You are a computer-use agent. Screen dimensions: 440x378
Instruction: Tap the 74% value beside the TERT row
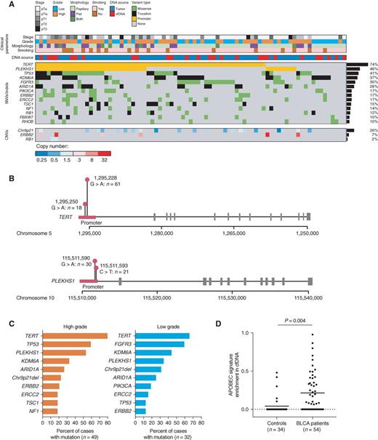point(372,65)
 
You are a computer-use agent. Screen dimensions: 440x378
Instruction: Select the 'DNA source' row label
point(22,56)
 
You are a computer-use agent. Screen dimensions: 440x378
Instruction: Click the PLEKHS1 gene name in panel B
point(55,276)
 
